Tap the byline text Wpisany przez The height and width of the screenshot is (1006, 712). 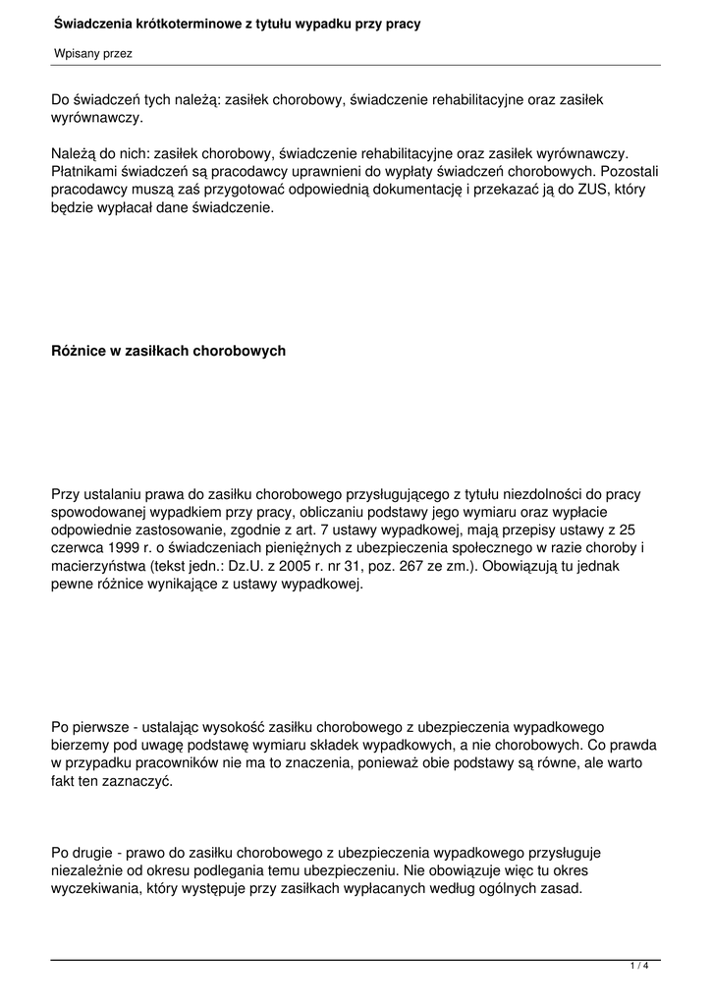[x=92, y=53]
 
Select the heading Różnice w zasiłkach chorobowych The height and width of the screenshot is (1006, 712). [x=168, y=351]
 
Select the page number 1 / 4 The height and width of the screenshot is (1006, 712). [x=639, y=967]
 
